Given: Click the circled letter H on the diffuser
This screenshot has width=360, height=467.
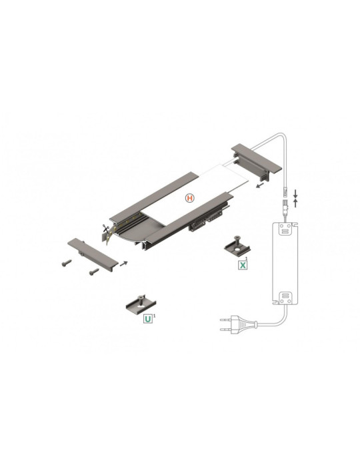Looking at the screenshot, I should pyautogui.click(x=190, y=198).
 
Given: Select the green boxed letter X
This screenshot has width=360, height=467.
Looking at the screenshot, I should pyautogui.click(x=243, y=265).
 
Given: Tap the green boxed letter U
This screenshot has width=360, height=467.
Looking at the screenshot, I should pyautogui.click(x=147, y=320).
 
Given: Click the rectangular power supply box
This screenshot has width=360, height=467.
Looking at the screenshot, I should pyautogui.click(x=285, y=267).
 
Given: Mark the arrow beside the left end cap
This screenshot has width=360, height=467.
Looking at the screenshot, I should pyautogui.click(x=124, y=263).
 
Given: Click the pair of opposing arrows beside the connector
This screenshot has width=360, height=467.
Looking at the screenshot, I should pyautogui.click(x=295, y=197).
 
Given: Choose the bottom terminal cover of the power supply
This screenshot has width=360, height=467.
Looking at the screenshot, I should pyautogui.click(x=285, y=298).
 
